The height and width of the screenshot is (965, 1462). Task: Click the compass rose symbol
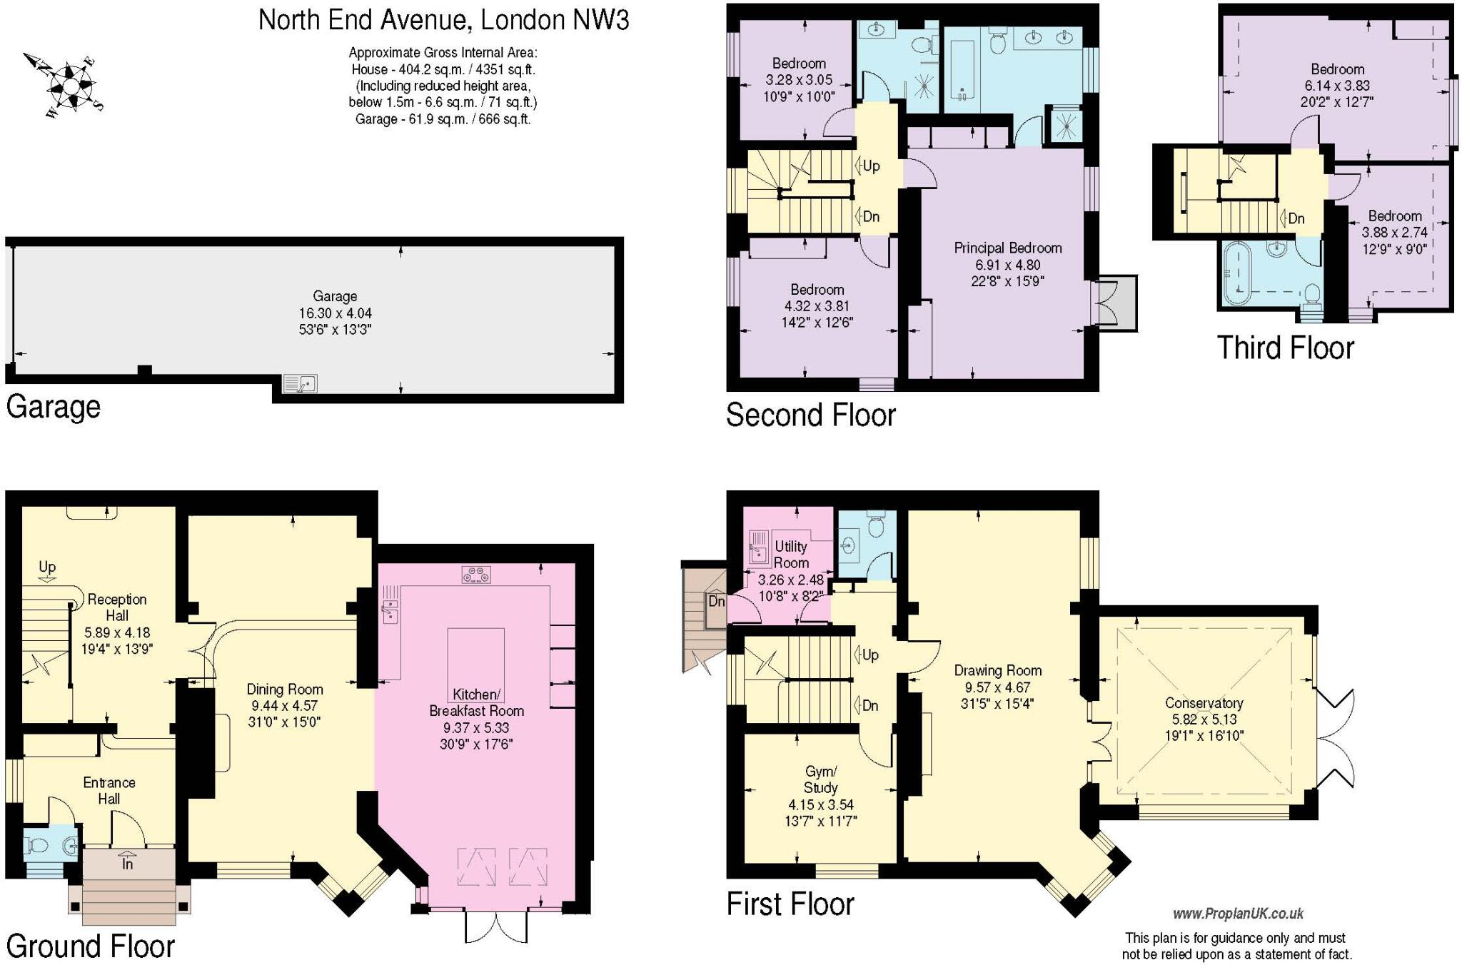(69, 84)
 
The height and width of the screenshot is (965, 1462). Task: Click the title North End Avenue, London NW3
(443, 20)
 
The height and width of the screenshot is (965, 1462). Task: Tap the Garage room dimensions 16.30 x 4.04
(335, 313)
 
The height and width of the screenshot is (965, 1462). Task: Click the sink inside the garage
(300, 384)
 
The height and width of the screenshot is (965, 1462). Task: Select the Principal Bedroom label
(1007, 248)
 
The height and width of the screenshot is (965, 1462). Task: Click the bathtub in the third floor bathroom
(1235, 274)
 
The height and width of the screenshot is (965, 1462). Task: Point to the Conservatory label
(1204, 703)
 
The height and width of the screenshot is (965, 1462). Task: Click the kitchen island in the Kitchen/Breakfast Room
(475, 661)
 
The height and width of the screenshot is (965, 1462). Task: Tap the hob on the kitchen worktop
(476, 574)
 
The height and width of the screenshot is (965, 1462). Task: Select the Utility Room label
(791, 555)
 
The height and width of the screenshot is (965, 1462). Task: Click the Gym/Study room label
(820, 779)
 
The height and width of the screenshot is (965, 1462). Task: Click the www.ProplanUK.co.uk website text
(1238, 914)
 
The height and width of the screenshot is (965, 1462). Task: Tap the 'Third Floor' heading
(1285, 348)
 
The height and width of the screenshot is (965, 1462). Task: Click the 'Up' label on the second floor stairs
(870, 166)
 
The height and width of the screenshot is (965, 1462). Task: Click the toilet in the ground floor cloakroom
(37, 847)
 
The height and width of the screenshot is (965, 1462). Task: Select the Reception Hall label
(117, 607)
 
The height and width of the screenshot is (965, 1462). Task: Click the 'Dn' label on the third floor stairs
(1295, 218)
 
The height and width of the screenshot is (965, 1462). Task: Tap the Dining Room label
(285, 689)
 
